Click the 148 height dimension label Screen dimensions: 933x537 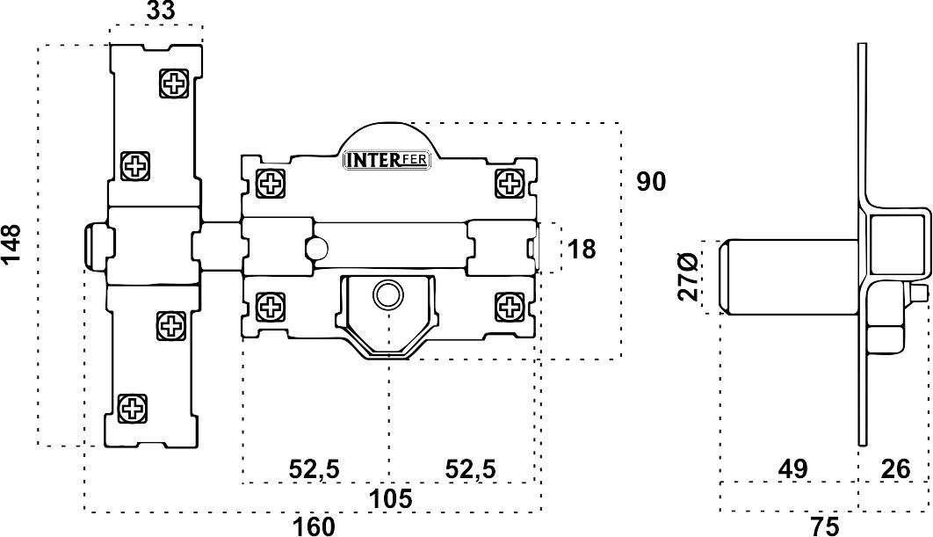(11, 244)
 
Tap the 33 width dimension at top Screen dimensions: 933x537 (161, 11)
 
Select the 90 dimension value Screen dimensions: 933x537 (651, 182)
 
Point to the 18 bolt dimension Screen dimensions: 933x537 (582, 250)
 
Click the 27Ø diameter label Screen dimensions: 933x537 (689, 277)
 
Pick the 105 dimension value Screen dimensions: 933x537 (390, 498)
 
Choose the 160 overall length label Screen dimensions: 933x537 (314, 526)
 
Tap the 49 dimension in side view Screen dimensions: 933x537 (792, 469)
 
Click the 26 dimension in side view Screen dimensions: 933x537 (895, 469)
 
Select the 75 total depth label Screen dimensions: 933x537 (824, 526)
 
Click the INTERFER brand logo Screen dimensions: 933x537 (387, 161)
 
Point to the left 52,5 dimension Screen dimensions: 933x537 (315, 469)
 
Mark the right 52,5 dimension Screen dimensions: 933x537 (470, 469)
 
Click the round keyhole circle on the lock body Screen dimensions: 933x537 (388, 294)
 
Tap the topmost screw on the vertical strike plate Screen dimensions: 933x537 (175, 83)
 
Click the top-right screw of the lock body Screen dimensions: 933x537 (510, 184)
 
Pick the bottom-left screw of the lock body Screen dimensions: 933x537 (270, 308)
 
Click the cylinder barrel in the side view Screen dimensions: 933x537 (789, 276)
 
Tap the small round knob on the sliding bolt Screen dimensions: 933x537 (316, 246)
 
